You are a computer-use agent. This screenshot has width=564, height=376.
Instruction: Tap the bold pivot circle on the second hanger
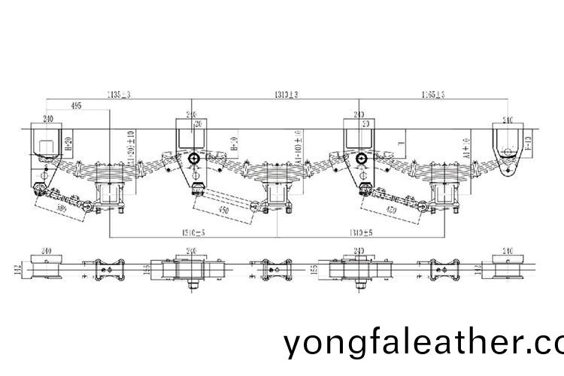[194, 159]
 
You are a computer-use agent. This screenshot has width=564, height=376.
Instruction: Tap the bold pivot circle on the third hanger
[362, 159]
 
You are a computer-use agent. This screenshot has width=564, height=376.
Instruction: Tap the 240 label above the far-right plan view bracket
[508, 250]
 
